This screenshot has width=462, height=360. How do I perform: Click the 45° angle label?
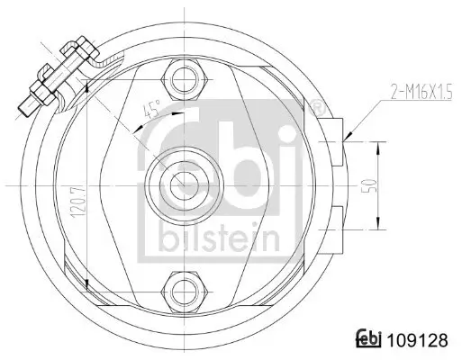[x=153, y=111]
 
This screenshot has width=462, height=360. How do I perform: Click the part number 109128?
[x=419, y=341]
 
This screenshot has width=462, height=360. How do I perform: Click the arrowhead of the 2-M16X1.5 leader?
[x=348, y=136]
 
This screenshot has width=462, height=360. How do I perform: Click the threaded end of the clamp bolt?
[x=25, y=105]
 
